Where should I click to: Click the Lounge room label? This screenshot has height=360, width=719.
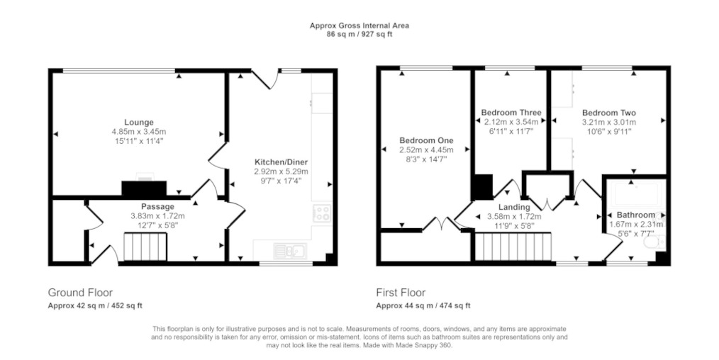[138, 123]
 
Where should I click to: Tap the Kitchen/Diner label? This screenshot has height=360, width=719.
[281, 162]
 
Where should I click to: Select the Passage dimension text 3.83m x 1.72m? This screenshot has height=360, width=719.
[157, 216]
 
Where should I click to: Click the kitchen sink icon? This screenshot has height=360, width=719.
[291, 251]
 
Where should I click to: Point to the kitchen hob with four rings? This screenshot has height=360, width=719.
[321, 213]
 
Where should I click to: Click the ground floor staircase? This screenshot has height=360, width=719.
[145, 247]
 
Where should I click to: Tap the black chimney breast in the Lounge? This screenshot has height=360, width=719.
[143, 189]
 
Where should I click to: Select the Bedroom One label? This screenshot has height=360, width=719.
[426, 140]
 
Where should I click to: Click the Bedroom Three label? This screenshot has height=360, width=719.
[511, 113]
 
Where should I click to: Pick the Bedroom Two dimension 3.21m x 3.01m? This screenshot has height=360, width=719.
[609, 123]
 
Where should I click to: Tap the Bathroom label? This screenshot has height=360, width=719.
[635, 215]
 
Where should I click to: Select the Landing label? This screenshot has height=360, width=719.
[514, 208]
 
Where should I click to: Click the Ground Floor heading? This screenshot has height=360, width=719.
[80, 293]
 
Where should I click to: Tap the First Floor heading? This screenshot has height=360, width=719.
[401, 293]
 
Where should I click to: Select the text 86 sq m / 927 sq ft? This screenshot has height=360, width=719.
[359, 34]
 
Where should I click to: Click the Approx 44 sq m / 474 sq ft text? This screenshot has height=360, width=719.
[423, 306]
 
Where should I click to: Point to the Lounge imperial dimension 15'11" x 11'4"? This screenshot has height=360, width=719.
[139, 140]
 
